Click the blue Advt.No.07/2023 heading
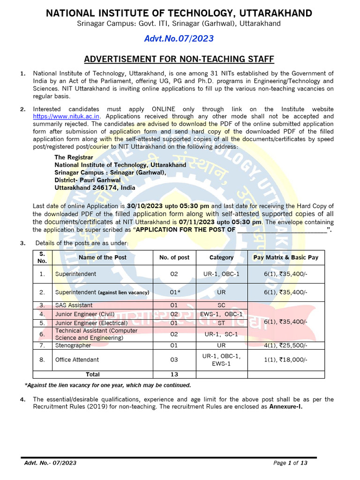(179, 38)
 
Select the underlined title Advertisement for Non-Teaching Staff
(179, 59)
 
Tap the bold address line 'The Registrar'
(74, 157)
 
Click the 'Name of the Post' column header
(102, 257)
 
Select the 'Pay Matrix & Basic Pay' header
(285, 257)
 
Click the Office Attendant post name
(77, 360)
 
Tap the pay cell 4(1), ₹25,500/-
(285, 345)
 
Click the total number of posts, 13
(174, 375)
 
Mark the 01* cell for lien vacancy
(174, 292)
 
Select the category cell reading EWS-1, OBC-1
(221, 314)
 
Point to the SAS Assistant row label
(74, 305)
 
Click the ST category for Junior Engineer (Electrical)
(221, 323)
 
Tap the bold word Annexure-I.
(285, 407)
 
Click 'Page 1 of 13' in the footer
(290, 463)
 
